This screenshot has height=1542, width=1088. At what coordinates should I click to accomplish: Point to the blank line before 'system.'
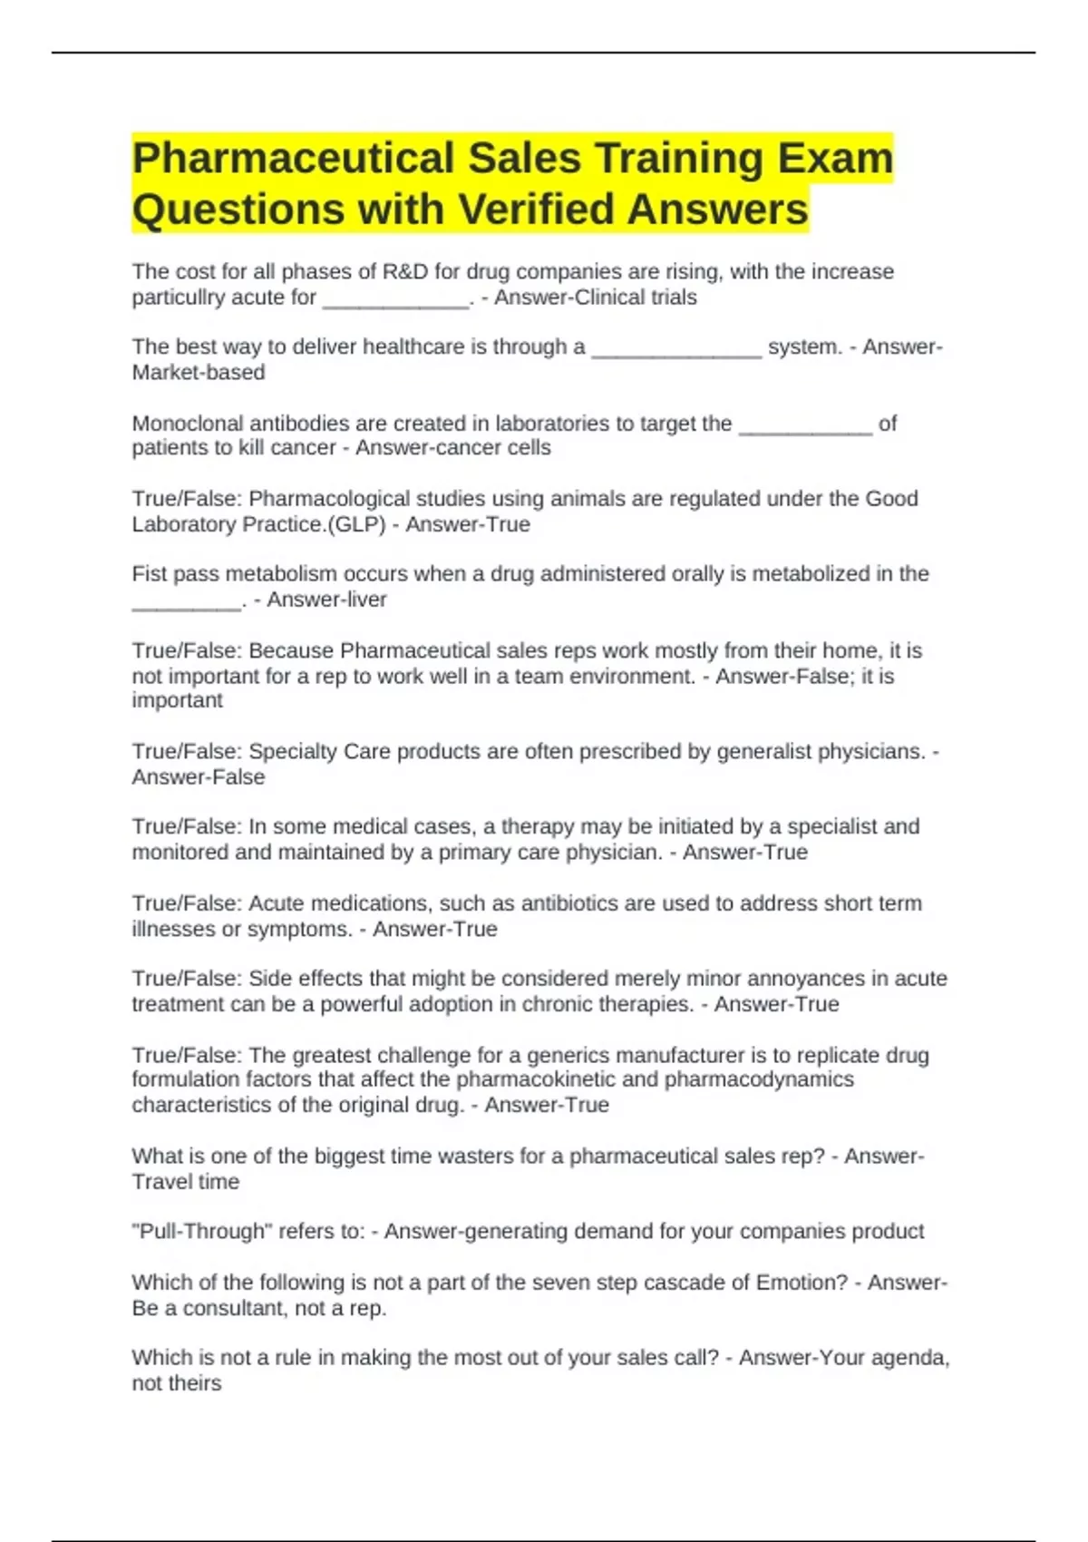tap(676, 348)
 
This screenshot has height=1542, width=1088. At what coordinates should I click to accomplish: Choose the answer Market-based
tap(199, 373)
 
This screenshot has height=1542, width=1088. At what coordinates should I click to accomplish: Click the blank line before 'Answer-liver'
tap(187, 601)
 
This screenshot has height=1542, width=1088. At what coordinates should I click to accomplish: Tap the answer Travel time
tap(186, 1182)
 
